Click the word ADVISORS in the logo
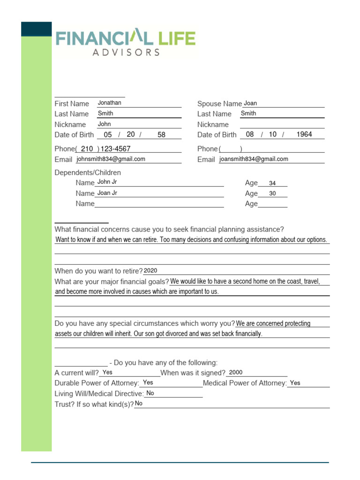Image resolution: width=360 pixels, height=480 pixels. click(126, 52)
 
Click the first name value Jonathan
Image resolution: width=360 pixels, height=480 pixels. click(109, 103)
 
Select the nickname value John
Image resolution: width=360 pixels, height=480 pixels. click(104, 124)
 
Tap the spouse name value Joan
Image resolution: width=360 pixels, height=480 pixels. click(250, 103)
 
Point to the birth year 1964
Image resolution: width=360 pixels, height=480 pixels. click(304, 135)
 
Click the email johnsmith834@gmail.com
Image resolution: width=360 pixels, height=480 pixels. click(111, 159)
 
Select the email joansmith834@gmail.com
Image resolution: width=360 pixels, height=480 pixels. click(254, 159)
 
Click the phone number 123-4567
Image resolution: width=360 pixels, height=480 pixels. click(116, 149)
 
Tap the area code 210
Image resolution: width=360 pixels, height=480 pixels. click(87, 149)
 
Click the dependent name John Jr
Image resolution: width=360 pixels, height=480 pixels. click(107, 182)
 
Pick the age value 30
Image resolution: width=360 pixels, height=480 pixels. click(272, 194)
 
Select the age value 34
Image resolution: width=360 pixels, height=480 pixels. click(272, 183)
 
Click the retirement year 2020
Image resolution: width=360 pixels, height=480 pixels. click(150, 270)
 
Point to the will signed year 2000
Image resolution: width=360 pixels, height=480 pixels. click(236, 372)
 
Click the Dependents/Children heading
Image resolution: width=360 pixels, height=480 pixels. click(88, 172)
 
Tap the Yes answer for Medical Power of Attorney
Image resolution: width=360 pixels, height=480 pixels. click(295, 383)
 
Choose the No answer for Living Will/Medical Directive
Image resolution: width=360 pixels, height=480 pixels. click(150, 393)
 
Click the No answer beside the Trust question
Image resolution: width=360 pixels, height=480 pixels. click(139, 404)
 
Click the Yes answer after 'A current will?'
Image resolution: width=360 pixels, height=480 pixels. click(107, 372)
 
